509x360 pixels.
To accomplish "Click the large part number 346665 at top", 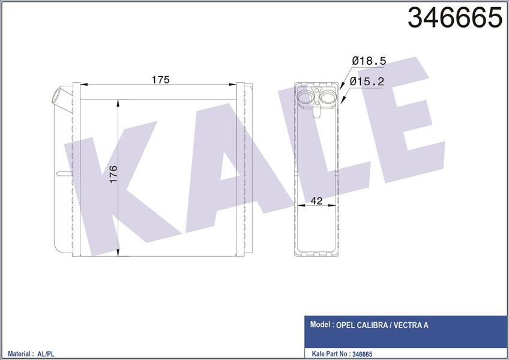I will (454, 18).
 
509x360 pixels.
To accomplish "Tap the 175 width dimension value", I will (160, 80).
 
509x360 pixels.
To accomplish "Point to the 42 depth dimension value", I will (318, 201).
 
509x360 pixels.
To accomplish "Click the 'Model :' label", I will (322, 325).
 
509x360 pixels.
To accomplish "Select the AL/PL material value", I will (53, 355).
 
